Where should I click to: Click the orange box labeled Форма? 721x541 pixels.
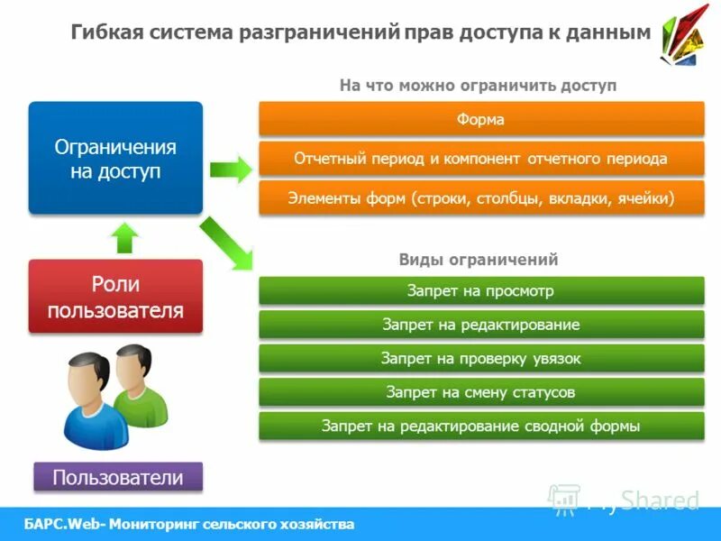pyautogui.click(x=481, y=119)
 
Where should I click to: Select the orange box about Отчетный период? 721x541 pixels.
pyautogui.click(x=481, y=159)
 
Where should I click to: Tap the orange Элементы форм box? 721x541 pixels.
pyautogui.click(x=481, y=197)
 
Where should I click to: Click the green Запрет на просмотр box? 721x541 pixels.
pyautogui.click(x=481, y=291)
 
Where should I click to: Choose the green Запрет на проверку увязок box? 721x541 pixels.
pyautogui.click(x=481, y=359)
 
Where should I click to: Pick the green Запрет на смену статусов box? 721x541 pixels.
pyautogui.click(x=481, y=392)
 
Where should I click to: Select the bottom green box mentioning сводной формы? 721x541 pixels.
pyautogui.click(x=481, y=426)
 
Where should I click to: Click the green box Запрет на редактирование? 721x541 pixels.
pyautogui.click(x=481, y=325)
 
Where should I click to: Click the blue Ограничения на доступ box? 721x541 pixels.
pyautogui.click(x=115, y=159)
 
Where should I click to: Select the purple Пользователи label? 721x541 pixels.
pyautogui.click(x=118, y=477)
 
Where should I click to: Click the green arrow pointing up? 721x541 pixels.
pyautogui.click(x=125, y=237)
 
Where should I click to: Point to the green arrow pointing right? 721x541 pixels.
pyautogui.click(x=230, y=169)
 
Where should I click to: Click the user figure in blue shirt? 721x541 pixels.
pyautogui.click(x=87, y=401)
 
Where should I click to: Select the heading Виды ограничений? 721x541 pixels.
pyautogui.click(x=479, y=260)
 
